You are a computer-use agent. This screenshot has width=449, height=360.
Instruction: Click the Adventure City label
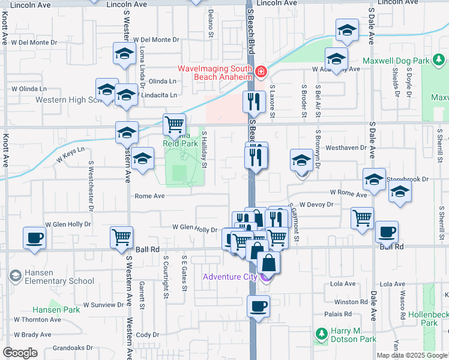pyautogui.click(x=230, y=277)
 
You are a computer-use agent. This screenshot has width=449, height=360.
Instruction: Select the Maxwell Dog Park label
pyautogui.click(x=396, y=61)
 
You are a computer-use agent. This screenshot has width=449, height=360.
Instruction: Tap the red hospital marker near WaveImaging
pyautogui.click(x=261, y=73)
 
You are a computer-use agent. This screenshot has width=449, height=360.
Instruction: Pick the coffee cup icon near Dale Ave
pyautogui.click(x=386, y=230)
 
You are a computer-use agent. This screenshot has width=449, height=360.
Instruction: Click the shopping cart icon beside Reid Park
pyautogui.click(x=174, y=124)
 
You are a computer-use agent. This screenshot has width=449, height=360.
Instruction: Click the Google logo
pyautogui.click(x=20, y=352)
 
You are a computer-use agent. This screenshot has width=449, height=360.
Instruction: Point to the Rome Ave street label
pyautogui.click(x=149, y=196)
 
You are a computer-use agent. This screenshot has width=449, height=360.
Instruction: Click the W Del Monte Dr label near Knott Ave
pyautogui.click(x=34, y=43)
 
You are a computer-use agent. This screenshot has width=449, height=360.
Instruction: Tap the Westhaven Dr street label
pyautogui.click(x=345, y=147)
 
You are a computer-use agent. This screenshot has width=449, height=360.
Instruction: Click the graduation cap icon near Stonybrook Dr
pyautogui.click(x=374, y=180)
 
